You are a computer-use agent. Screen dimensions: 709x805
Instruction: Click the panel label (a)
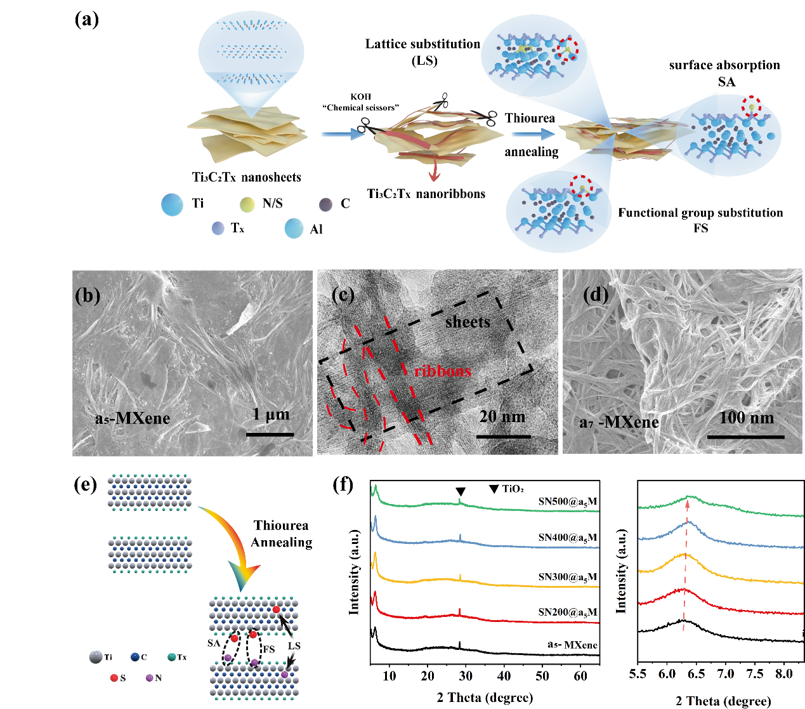tap(87, 19)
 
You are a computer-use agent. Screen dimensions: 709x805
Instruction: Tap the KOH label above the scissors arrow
tap(360, 96)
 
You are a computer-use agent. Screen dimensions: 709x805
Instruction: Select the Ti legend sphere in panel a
tap(172, 204)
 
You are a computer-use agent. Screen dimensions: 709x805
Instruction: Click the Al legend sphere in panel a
tap(294, 229)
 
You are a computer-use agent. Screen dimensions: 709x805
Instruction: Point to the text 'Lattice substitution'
tap(422, 44)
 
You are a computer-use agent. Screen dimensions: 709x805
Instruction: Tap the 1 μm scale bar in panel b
tap(270, 434)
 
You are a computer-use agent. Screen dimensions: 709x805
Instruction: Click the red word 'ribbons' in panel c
tap(443, 371)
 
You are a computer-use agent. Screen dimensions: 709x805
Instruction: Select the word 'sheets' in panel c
tap(468, 322)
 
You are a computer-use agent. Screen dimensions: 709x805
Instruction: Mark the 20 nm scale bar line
tap(503, 437)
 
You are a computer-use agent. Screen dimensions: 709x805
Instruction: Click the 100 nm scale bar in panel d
tap(745, 437)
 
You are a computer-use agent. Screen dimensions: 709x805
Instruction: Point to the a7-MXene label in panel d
tap(619, 422)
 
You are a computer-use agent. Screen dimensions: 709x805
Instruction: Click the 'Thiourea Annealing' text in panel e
tap(282, 534)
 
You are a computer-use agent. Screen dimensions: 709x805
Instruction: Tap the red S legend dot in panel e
tap(114, 678)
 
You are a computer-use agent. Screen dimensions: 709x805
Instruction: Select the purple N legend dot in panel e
tap(150, 678)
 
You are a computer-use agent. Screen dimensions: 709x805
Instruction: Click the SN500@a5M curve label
tap(567, 501)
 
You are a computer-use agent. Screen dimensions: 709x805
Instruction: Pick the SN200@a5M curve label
tap(567, 613)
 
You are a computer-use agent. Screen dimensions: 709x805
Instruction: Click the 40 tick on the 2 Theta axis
tap(504, 676)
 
